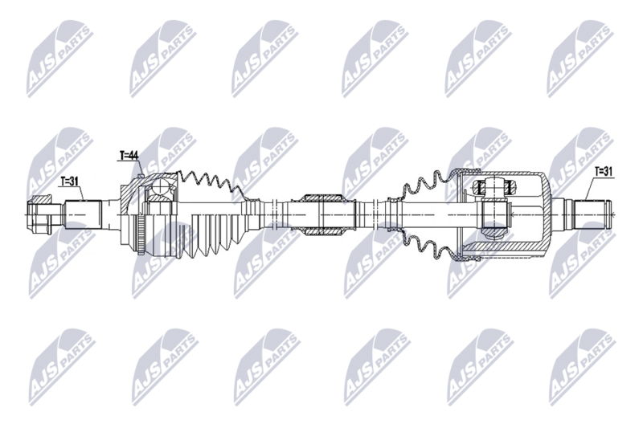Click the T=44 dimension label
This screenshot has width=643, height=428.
tap(129, 154)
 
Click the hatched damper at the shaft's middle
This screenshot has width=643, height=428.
tap(324, 198)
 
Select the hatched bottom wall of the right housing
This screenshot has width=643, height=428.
tap(506, 255)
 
